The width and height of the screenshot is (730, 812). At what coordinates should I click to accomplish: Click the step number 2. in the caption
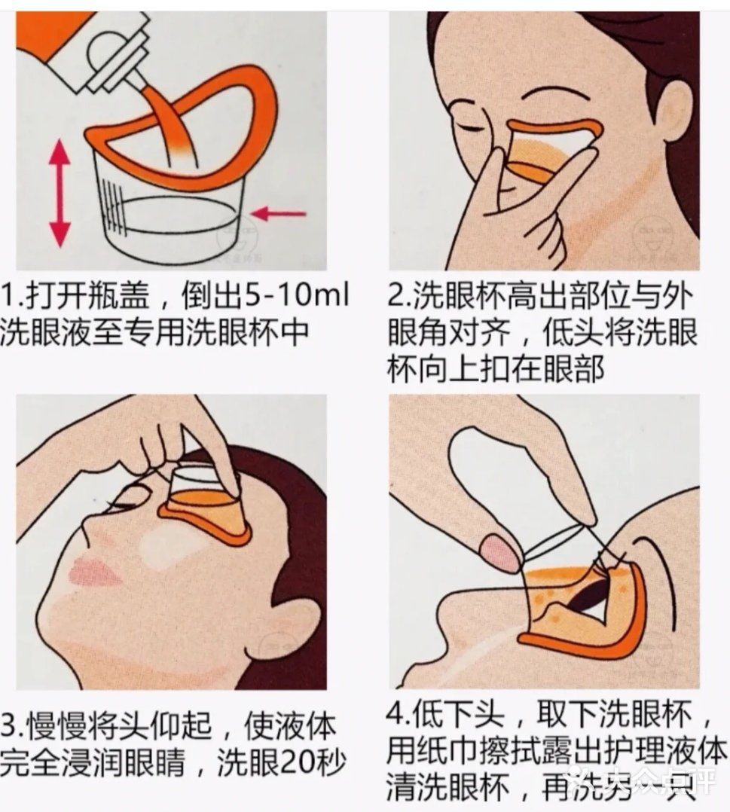(399, 298)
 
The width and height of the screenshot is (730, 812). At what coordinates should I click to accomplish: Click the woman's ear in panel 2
(673, 113)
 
